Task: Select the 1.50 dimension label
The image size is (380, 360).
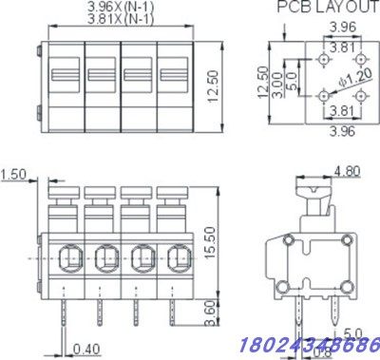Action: pyautogui.click(x=14, y=174)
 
